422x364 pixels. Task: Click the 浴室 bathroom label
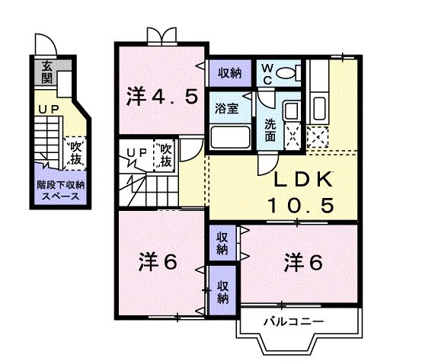227,109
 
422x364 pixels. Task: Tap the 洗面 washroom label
270,130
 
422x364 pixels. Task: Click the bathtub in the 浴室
230,137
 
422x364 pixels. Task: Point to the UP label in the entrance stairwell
49,110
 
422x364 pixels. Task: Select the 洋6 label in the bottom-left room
158,261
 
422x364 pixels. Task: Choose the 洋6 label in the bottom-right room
304,261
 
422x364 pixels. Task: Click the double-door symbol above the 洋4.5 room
161,36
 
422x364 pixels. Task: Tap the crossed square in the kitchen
315,137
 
